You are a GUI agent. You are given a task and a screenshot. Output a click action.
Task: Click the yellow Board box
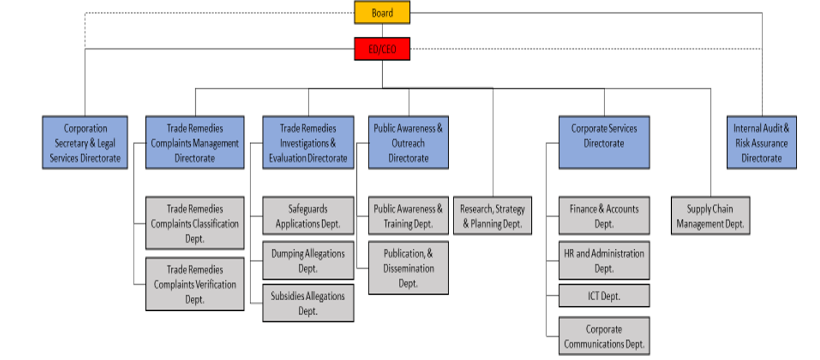tap(382, 13)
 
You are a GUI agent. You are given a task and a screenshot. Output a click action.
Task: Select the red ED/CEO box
tap(382, 49)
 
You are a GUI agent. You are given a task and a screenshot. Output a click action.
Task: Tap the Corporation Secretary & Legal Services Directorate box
tap(85, 143)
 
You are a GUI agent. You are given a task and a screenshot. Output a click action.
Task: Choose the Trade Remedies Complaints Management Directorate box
tap(195, 143)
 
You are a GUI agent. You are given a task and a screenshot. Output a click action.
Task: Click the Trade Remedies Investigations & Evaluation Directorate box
tap(308, 143)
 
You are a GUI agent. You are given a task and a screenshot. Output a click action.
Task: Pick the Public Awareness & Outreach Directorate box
tap(408, 143)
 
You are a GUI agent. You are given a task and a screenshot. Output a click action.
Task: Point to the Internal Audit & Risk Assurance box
tap(761, 143)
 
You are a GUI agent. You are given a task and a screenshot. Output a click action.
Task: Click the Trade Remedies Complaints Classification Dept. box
tap(195, 223)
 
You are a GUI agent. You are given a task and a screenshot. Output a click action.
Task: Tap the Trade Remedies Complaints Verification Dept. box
tap(195, 284)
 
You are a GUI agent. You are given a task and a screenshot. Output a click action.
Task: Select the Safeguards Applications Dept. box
tap(308, 216)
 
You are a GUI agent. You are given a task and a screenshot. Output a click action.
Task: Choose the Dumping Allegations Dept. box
tap(308, 260)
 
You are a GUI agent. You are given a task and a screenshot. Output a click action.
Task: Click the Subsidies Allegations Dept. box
tap(308, 304)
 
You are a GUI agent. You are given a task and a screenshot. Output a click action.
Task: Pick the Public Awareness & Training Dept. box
tap(408, 216)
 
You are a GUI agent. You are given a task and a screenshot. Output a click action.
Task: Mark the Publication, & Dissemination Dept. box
tap(408, 268)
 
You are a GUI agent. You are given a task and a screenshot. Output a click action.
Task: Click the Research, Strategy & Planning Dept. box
tap(492, 216)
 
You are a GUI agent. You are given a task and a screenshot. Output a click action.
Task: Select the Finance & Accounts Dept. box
tap(604, 216)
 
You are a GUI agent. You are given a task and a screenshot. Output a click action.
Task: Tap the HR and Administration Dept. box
tap(604, 260)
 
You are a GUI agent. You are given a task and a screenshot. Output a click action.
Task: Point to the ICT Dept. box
tap(604, 296)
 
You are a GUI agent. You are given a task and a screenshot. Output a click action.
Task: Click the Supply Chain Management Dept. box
tap(710, 216)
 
